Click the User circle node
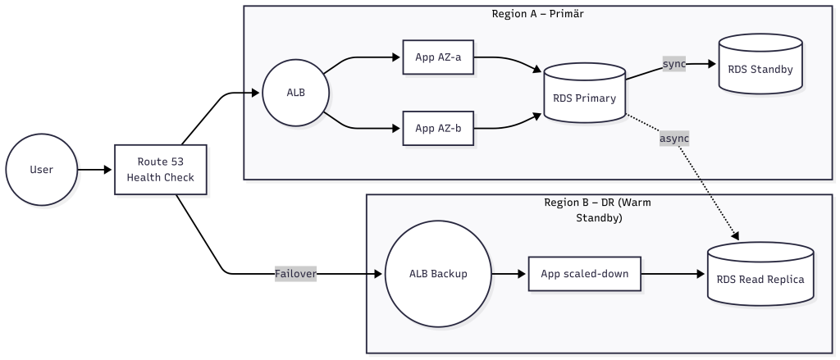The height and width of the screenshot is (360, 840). (41, 171)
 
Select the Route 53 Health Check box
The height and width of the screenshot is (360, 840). (160, 171)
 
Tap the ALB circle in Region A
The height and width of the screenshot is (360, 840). (295, 92)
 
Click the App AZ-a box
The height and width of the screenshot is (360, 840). (438, 57)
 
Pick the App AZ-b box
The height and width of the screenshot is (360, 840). (438, 128)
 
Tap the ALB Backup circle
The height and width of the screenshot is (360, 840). (437, 274)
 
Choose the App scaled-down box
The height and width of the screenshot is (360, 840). (584, 274)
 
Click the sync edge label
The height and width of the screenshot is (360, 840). (674, 64)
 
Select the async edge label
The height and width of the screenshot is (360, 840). (674, 139)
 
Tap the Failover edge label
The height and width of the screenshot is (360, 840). (296, 274)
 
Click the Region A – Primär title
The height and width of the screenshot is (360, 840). (537, 14)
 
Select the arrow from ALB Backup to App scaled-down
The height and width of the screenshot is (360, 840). (509, 274)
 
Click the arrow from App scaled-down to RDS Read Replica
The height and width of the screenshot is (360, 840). (673, 274)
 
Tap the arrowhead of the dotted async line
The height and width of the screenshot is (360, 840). (735, 237)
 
